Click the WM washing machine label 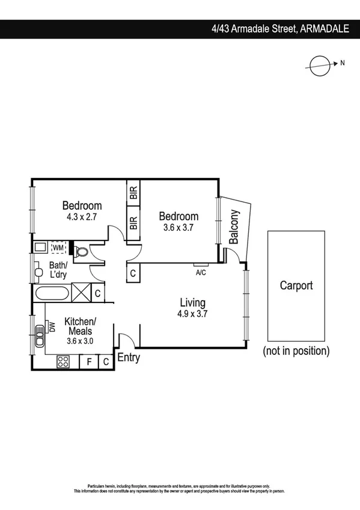click(x=58, y=247)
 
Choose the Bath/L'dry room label click(x=58, y=269)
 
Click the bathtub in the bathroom click(x=52, y=295)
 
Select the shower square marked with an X click(x=81, y=294)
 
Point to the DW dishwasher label click(x=52, y=327)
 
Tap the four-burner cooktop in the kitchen click(x=63, y=361)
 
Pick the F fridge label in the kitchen click(x=89, y=361)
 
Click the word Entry click(x=129, y=358)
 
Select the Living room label click(x=192, y=303)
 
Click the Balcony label click(x=235, y=226)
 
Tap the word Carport click(x=296, y=286)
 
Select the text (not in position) click(x=296, y=351)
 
